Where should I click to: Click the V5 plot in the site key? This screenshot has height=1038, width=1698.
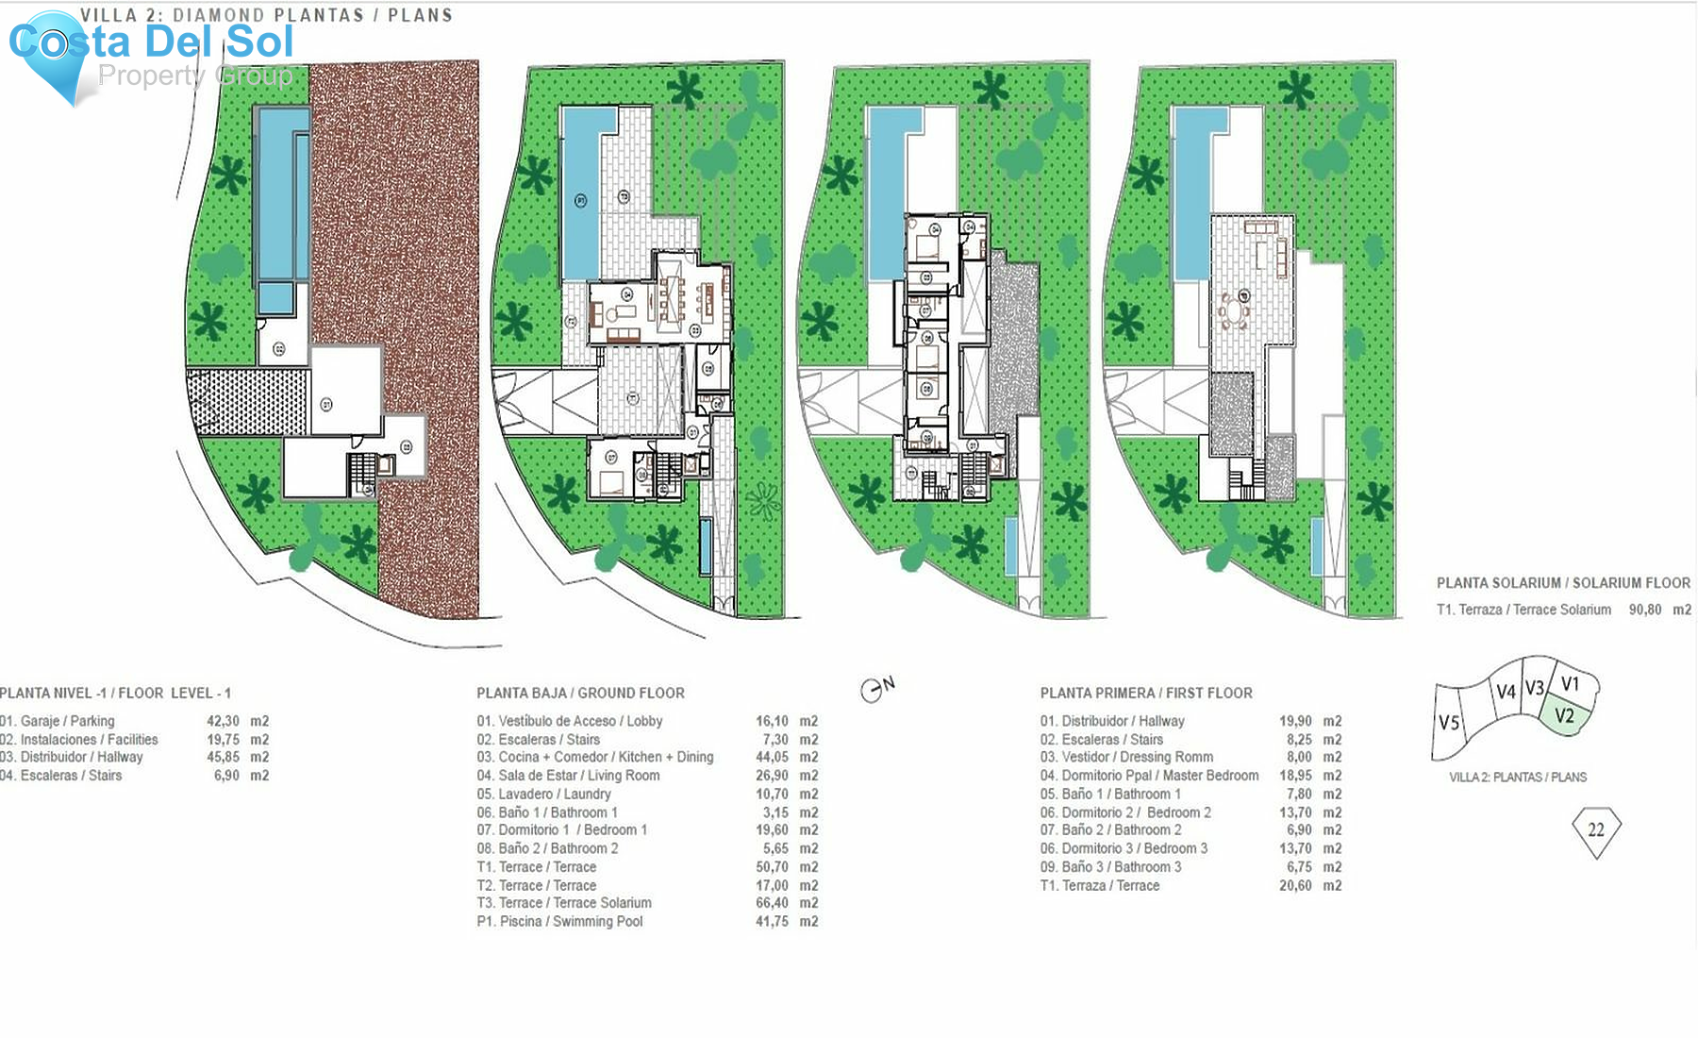point(1449,724)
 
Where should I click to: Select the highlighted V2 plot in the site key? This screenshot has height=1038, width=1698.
point(1565,715)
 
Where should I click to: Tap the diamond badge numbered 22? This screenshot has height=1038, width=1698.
point(1596,830)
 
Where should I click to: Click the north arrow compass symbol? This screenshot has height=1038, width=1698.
point(874,690)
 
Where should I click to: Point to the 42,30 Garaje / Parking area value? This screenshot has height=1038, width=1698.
point(223,721)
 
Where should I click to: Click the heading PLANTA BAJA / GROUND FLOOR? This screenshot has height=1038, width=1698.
point(580,693)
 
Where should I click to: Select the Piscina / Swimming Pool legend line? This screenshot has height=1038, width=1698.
point(560,921)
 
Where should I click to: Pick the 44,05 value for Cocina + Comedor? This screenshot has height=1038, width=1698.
point(772,757)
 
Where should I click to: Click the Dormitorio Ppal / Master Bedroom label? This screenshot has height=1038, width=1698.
point(1149,776)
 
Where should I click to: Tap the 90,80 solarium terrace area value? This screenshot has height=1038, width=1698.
point(1645,610)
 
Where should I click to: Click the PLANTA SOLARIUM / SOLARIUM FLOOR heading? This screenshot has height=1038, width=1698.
point(1563,583)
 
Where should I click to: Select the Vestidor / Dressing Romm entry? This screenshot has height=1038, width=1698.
point(1126,757)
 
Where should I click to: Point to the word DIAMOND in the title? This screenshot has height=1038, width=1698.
point(219,15)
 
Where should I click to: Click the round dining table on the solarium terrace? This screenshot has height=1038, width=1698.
point(1234,310)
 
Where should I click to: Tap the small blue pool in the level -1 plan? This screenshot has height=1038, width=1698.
point(276,298)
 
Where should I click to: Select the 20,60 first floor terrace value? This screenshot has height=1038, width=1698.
point(1295,885)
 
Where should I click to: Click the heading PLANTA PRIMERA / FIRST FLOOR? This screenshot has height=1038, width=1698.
point(1146,693)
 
